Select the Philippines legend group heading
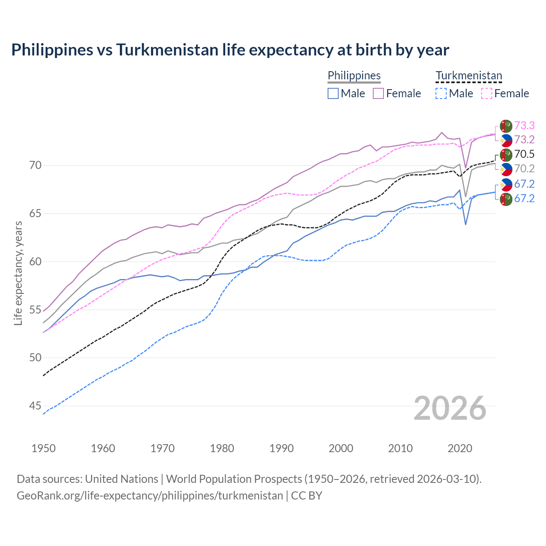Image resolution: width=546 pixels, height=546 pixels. pos(354,76)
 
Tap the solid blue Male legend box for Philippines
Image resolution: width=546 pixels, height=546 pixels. pos(333,93)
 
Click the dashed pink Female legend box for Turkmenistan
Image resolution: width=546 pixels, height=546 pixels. pos(487,93)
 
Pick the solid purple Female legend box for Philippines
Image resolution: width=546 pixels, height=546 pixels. pos(378,93)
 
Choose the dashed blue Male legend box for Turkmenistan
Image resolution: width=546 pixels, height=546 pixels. pos(441,93)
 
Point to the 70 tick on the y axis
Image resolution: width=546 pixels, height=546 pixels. pos(35,165)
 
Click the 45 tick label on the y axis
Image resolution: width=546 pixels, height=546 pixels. pos(35,406)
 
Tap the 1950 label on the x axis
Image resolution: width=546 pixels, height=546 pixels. pos(44,448)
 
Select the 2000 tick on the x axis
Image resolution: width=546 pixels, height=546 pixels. pos(341,448)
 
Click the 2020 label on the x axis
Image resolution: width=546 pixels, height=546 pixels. pos(460,448)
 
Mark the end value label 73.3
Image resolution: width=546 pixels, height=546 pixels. pos(524,125)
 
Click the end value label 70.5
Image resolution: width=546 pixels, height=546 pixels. pos(524,154)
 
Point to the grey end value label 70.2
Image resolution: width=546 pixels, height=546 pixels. pos(524,168)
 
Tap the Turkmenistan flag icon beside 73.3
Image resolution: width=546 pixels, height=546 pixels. pos(506,126)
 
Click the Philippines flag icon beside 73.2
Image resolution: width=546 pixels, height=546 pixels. pos(506,140)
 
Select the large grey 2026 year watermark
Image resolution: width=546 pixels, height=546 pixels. pos(450,408)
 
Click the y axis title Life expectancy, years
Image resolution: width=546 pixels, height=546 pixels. pos(18,273)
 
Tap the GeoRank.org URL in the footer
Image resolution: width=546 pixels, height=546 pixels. pos(150,496)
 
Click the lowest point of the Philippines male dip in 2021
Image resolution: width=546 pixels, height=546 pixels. pos(465,224)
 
